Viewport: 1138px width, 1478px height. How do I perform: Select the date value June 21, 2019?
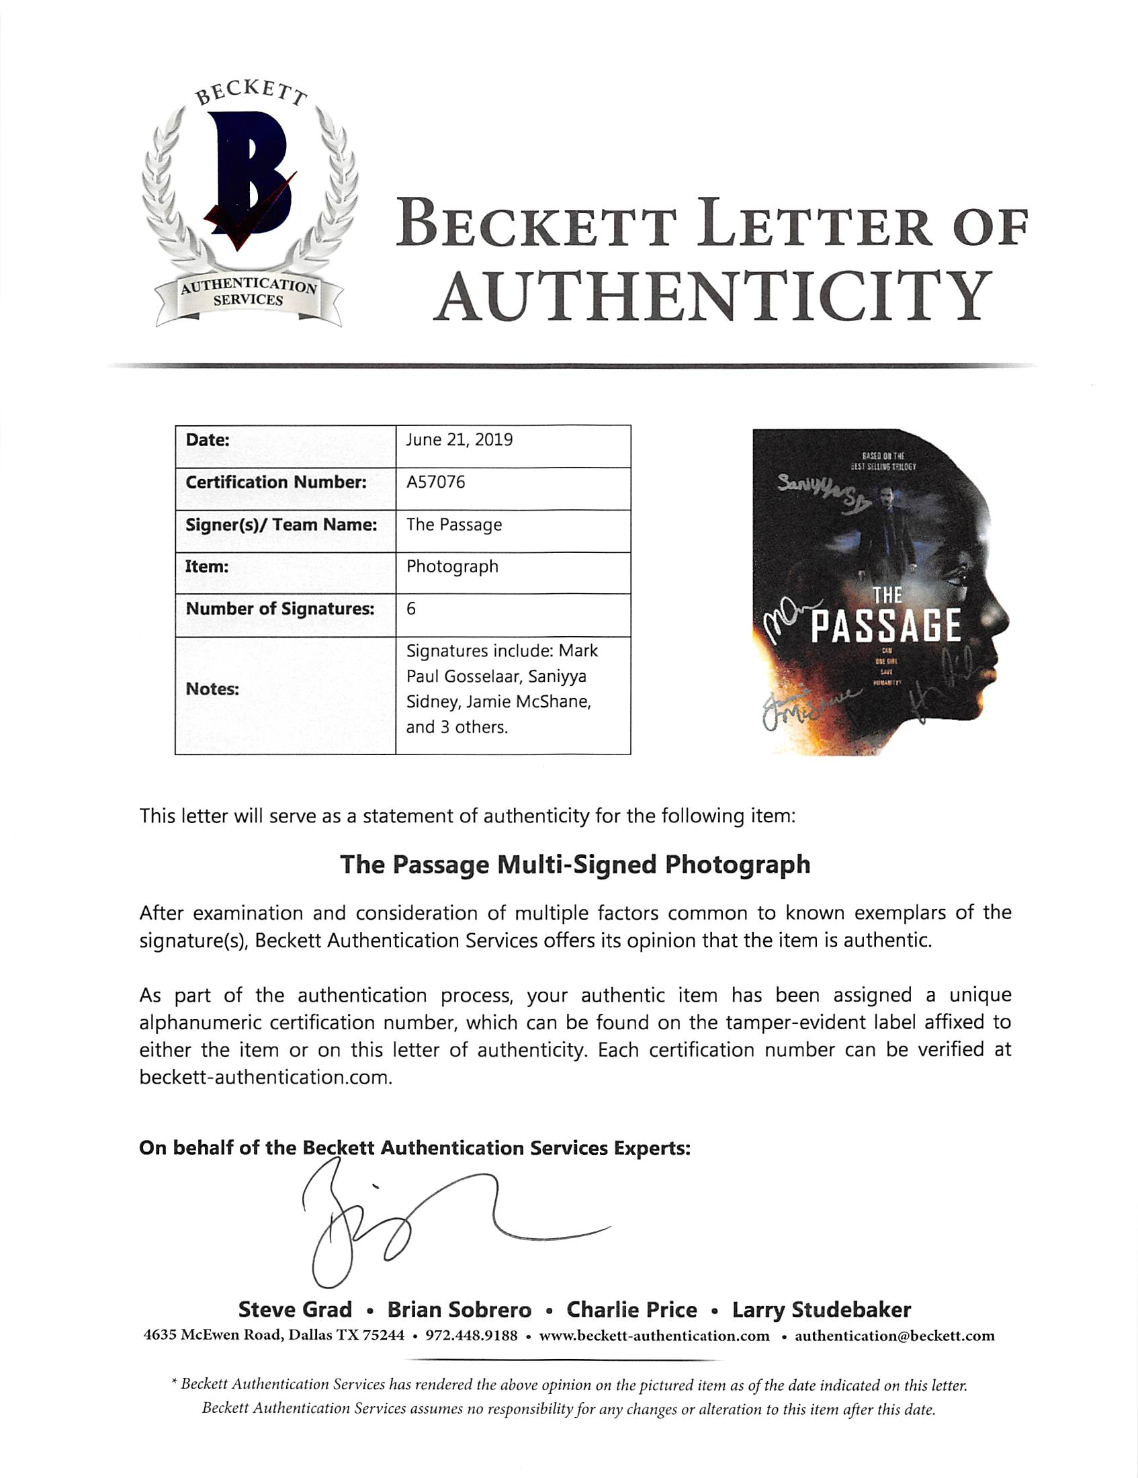[459, 440]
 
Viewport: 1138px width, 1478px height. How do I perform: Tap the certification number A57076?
[436, 482]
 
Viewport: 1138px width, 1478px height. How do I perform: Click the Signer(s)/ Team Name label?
[281, 525]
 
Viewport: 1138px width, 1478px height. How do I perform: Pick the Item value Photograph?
[452, 566]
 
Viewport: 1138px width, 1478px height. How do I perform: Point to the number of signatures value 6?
[411, 609]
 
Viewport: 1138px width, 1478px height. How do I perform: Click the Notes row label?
[212, 689]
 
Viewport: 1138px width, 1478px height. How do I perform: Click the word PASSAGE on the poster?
[885, 626]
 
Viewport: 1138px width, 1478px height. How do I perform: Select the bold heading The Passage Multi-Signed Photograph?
[574, 865]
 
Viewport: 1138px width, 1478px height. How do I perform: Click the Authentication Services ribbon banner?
[249, 293]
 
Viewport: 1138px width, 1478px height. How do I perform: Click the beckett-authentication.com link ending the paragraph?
[265, 1078]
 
